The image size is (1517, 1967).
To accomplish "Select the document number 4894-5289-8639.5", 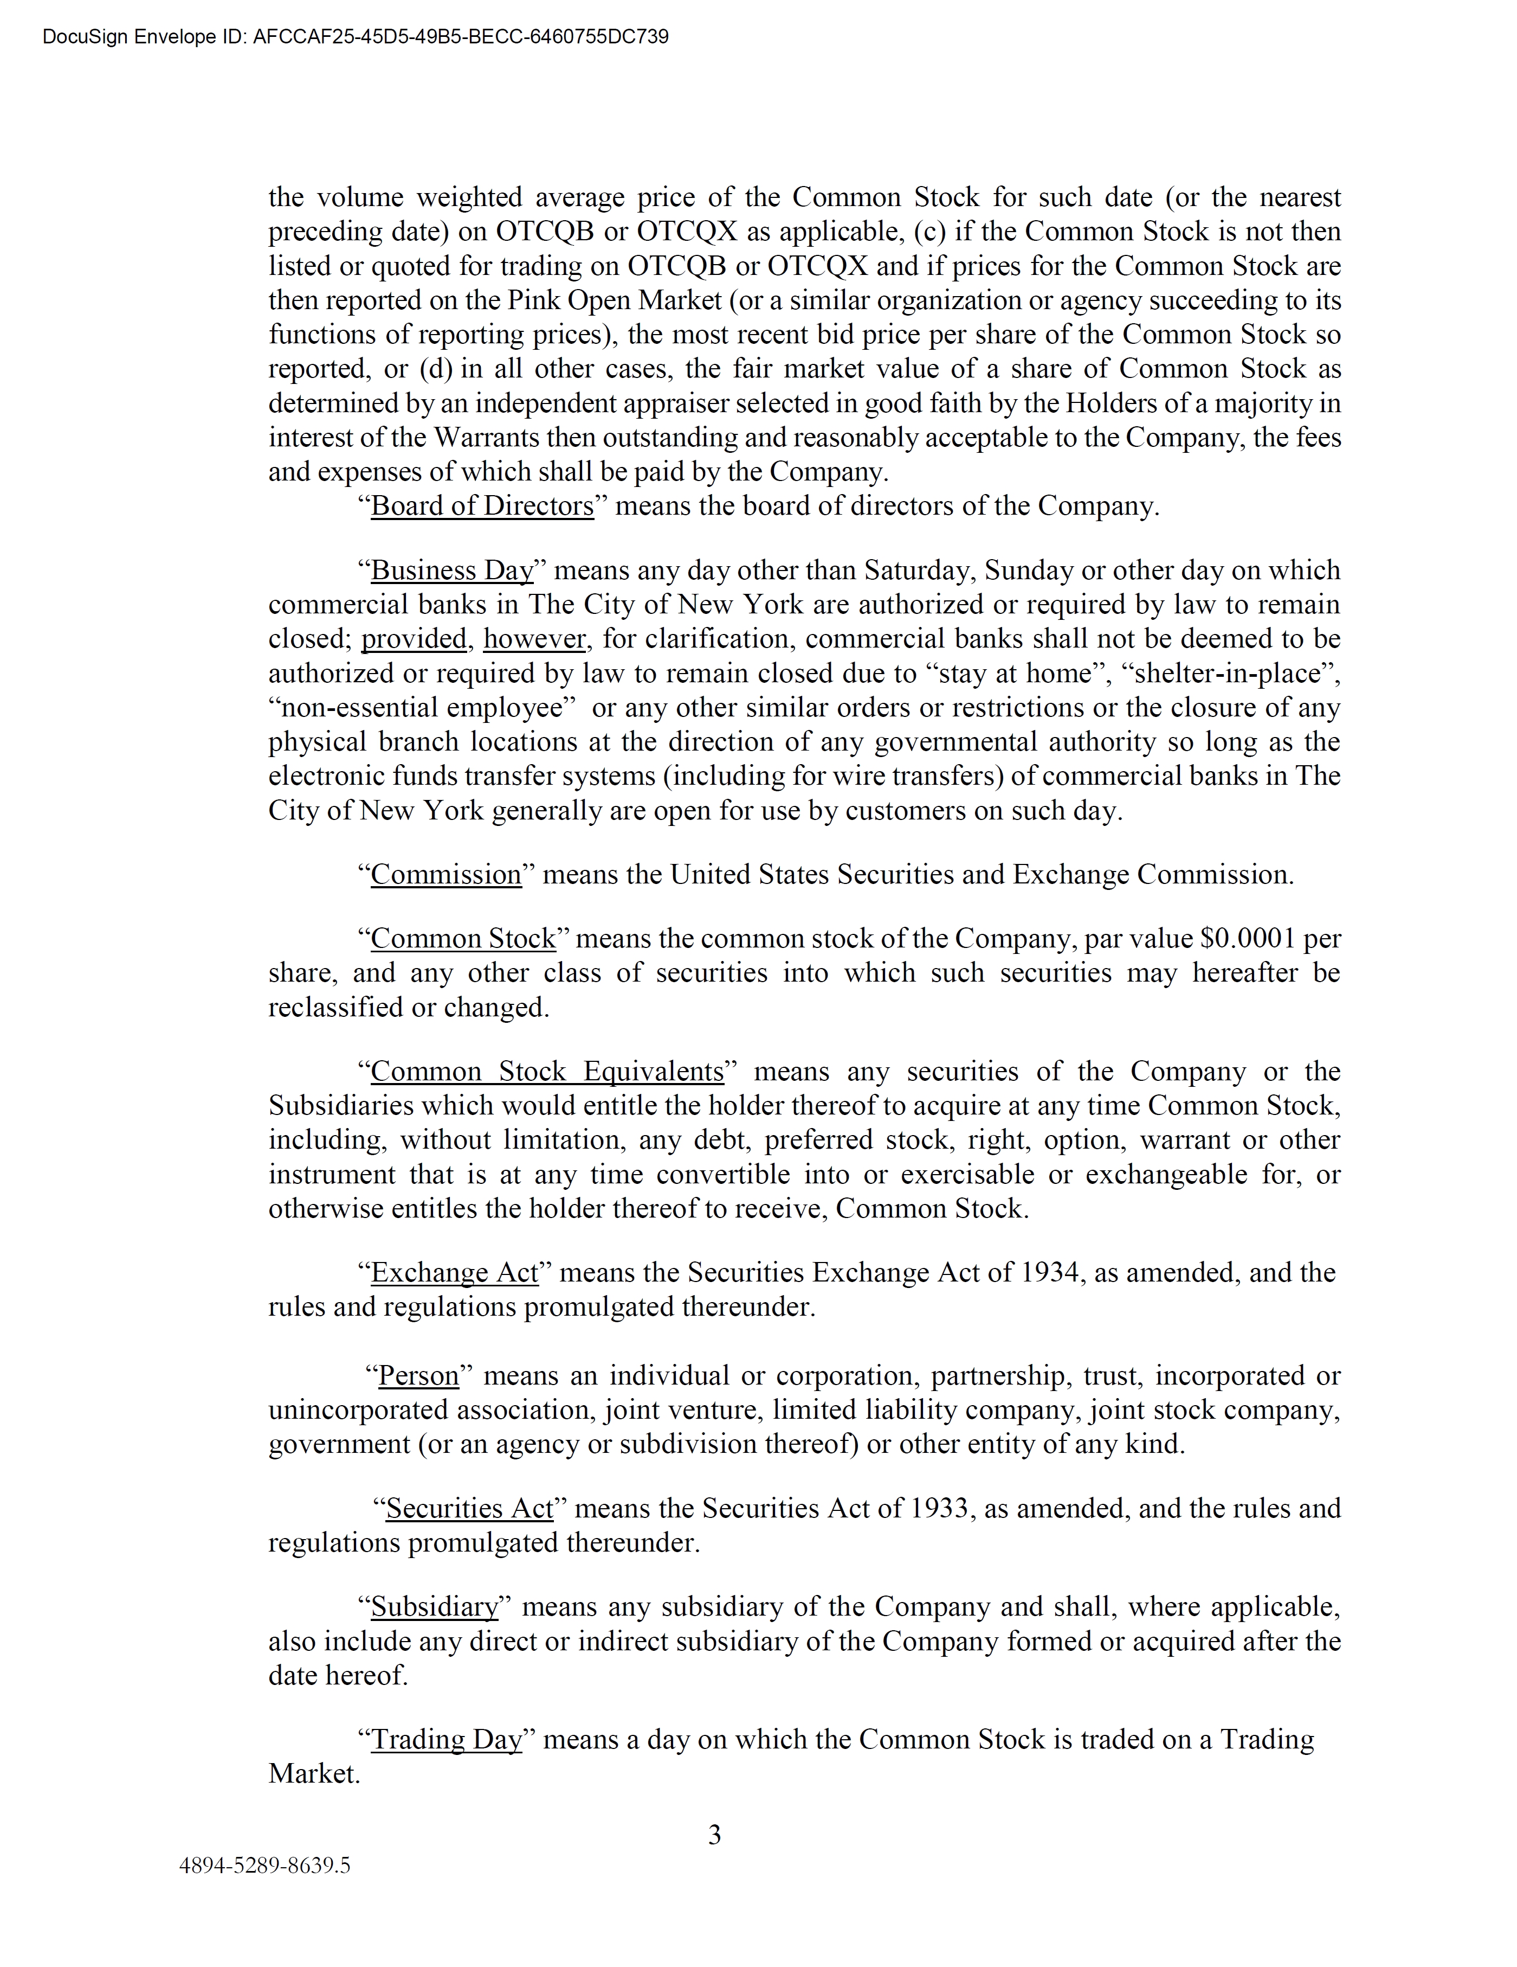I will click(x=264, y=1865).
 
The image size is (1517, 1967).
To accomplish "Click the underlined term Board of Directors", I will click(x=482, y=506).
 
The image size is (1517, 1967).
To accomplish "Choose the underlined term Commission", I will click(x=446, y=875).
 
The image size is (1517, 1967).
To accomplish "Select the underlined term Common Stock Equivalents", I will click(x=547, y=1072).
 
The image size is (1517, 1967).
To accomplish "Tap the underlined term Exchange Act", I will click(x=455, y=1273).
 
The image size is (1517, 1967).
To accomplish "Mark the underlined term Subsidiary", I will click(x=434, y=1607).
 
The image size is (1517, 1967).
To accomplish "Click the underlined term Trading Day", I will click(x=447, y=1739).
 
